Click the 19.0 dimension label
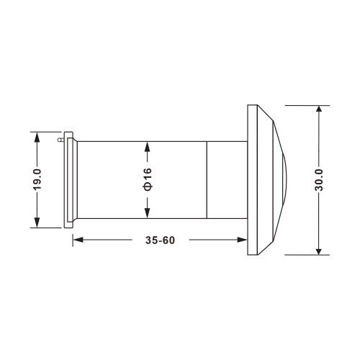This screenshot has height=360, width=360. (x=37, y=179)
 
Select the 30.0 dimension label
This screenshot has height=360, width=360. (x=319, y=180)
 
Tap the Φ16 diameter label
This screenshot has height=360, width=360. (x=148, y=179)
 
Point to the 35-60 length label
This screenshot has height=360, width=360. (x=160, y=240)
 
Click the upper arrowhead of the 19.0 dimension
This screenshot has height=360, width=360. (x=37, y=137)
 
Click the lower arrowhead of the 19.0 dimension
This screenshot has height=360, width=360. (x=37, y=222)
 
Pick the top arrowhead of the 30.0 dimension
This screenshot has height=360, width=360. (x=319, y=110)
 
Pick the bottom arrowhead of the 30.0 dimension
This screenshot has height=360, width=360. (x=319, y=250)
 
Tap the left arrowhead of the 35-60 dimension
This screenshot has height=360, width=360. (x=78, y=240)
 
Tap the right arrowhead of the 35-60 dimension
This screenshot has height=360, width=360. (x=242, y=240)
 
